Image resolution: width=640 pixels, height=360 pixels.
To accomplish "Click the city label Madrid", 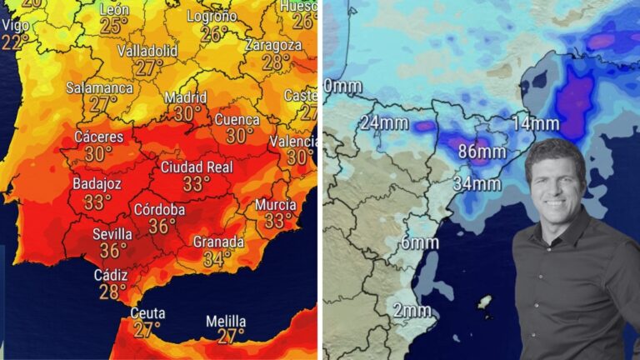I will [x=185, y=97].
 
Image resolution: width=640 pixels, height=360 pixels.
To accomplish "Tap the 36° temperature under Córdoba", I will [x=162, y=226].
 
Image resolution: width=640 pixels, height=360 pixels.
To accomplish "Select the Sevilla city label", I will [x=112, y=233].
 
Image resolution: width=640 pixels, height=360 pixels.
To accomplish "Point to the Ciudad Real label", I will [x=196, y=167].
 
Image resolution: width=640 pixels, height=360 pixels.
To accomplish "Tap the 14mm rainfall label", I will [x=536, y=123].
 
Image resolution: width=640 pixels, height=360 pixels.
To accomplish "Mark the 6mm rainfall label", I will [x=419, y=243].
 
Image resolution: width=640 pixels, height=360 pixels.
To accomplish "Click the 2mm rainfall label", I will [x=412, y=311].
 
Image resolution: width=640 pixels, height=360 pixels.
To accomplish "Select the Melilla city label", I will [x=226, y=321].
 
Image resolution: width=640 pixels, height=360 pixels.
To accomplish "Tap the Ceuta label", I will [x=147, y=313].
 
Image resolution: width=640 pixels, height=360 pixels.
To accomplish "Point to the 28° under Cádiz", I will [x=112, y=291].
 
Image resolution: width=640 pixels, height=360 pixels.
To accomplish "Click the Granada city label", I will [x=218, y=242].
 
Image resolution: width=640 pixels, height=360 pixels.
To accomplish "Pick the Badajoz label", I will [x=97, y=183].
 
